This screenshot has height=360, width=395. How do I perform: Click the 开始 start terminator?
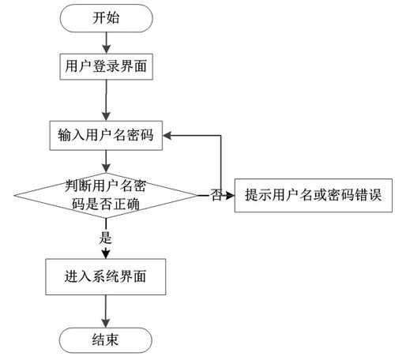coord(106,18)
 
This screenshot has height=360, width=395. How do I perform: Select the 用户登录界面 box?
coord(106,67)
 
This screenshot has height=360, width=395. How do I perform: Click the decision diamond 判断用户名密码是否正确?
coord(105,193)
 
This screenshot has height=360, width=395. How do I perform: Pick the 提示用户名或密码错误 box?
coord(314,194)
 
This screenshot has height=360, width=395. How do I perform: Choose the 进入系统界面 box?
coord(105,277)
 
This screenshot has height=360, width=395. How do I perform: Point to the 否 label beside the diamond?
coord(216,195)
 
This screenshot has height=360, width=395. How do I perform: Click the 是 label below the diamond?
coord(105,236)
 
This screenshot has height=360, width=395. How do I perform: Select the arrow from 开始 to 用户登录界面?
coord(106,42)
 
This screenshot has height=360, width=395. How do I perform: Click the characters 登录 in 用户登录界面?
coord(106,67)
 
